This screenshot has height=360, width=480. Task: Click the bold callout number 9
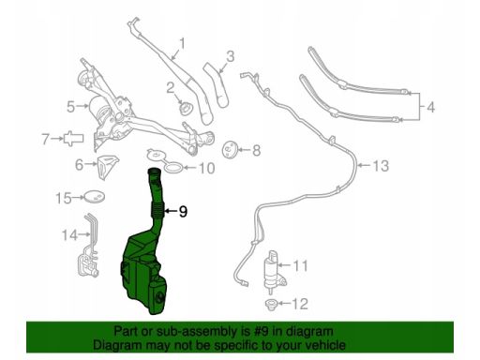pyautogui.click(x=183, y=212)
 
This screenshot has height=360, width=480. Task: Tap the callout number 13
pyautogui.click(x=381, y=166)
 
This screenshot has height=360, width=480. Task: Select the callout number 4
pyautogui.click(x=430, y=107)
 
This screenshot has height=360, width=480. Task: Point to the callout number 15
pyautogui.click(x=64, y=198)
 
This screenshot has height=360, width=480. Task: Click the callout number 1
pyautogui.click(x=182, y=44)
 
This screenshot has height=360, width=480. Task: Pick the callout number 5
pyautogui.click(x=71, y=107)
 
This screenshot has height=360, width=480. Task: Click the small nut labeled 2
pyautogui.click(x=186, y=108)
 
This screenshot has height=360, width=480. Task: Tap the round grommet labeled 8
pyautogui.click(x=231, y=150)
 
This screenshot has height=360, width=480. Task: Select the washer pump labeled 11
pyautogui.click(x=273, y=271)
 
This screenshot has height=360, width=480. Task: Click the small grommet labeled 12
pyautogui.click(x=270, y=304)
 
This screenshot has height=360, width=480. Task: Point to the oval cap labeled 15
pyautogui.click(x=95, y=197)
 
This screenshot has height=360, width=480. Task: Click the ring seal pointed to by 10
pyautogui.click(x=172, y=168)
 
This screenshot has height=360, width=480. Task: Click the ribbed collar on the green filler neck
pyautogui.click(x=157, y=210)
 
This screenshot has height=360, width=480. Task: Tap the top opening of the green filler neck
pyautogui.click(x=153, y=171)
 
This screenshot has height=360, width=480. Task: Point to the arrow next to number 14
pyautogui.click(x=83, y=233)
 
